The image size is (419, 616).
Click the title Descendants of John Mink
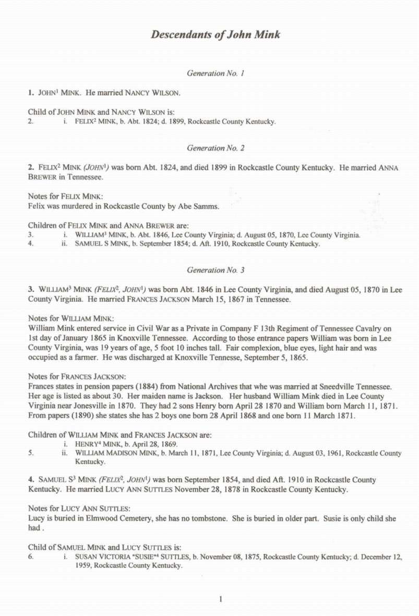(x=216, y=35)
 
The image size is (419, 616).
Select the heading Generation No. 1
(x=216, y=74)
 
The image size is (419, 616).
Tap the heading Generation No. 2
(x=216, y=148)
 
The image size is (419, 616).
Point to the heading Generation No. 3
(x=216, y=270)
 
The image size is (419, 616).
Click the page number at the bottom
(x=221, y=599)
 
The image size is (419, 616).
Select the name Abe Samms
(x=201, y=206)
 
